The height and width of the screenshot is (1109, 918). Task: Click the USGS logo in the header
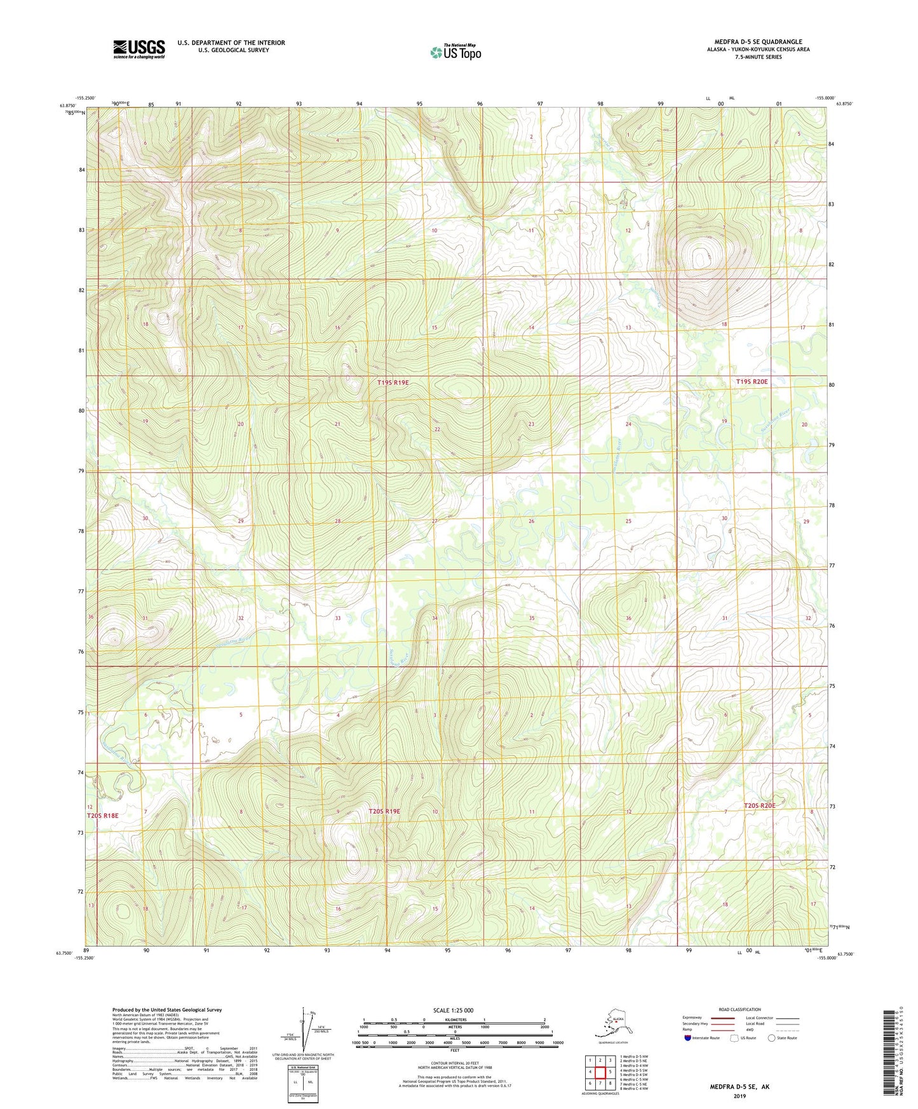138,49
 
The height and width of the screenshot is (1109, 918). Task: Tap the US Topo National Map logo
455,51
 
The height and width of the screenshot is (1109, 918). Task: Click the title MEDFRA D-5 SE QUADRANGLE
758,42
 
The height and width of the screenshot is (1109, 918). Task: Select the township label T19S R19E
393,382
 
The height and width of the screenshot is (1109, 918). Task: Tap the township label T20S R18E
102,815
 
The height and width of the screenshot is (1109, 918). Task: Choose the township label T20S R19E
384,811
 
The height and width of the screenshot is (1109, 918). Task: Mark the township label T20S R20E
759,805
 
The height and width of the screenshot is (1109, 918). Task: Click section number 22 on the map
437,429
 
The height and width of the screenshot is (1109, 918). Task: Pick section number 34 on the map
435,618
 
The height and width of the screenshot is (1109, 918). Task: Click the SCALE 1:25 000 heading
454,1011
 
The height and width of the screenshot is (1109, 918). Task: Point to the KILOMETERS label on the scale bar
454,1019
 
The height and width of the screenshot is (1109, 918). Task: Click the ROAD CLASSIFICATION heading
739,1009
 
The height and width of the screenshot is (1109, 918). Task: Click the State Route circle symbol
771,1038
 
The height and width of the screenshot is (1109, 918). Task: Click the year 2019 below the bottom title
739,1096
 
